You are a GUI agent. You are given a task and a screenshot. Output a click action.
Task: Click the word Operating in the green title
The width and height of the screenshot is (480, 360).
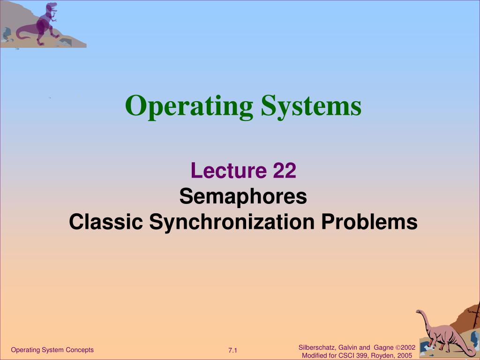189,107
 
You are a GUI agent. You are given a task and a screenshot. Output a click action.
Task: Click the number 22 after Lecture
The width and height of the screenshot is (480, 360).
285,170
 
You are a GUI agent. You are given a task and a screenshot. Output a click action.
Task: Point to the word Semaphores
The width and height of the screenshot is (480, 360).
243,196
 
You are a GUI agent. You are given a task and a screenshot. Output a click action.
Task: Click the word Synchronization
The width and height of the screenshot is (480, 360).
232,223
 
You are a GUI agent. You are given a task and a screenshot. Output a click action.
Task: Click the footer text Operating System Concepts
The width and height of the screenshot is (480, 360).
52,350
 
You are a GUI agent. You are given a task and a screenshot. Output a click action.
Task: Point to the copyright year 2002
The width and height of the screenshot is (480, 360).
408,347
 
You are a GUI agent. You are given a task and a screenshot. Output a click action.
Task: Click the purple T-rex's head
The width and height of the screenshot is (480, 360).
52,7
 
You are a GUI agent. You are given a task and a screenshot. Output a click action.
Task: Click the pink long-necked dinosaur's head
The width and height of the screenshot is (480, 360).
419,312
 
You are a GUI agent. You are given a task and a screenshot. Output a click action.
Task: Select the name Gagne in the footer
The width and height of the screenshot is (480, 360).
383,348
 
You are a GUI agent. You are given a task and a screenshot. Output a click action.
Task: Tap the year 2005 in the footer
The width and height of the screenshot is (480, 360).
405,356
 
